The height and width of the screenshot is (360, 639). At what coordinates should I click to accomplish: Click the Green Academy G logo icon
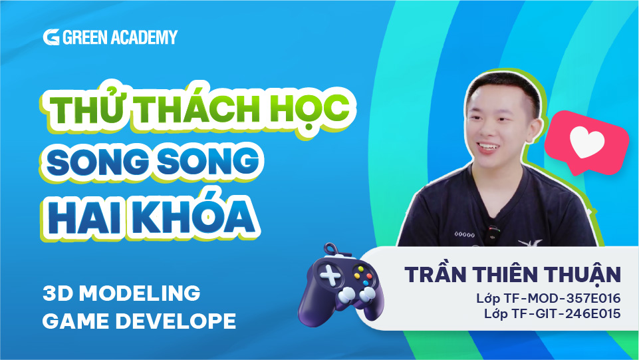(x=51, y=37)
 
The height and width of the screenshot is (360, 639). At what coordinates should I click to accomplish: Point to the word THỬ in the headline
(x=87, y=107)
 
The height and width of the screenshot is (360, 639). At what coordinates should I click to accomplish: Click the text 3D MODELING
(x=122, y=293)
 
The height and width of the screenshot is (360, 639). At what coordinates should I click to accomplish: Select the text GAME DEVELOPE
(x=140, y=321)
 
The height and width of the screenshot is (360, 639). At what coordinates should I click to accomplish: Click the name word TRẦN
(x=436, y=274)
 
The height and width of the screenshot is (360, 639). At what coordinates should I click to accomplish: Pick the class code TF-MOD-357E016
(x=563, y=298)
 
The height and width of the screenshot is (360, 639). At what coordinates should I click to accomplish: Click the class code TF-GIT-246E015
(x=567, y=313)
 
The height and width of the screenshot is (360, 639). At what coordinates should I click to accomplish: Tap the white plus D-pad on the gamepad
(x=330, y=276)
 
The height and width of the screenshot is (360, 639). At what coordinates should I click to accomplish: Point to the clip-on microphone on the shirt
(x=494, y=234)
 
